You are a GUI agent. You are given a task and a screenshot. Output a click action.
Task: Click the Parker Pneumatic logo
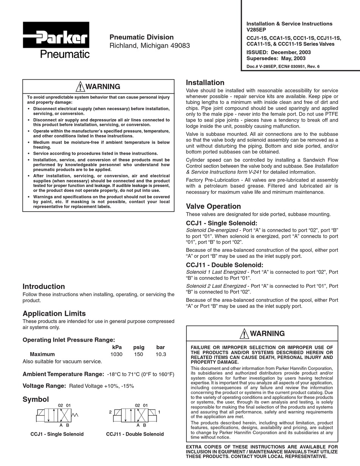point(56,40)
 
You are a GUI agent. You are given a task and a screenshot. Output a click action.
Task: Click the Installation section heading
point(205,83)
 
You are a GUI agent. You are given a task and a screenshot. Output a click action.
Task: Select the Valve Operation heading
point(213,206)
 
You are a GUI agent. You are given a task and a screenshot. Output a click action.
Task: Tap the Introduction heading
point(44,286)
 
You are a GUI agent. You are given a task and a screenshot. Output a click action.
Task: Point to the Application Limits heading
point(54,313)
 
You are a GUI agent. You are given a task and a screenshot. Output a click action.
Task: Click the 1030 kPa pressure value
point(116,355)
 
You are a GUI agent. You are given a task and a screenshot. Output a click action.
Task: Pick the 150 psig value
point(139,355)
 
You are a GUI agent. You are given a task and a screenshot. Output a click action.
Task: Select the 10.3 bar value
point(161,355)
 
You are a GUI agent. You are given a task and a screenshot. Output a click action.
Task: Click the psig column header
point(139,347)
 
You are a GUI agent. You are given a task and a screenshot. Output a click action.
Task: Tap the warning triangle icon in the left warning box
point(80,86)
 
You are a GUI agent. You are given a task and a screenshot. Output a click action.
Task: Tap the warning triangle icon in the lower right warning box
point(244,334)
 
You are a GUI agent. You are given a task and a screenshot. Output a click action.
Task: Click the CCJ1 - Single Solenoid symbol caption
point(57,434)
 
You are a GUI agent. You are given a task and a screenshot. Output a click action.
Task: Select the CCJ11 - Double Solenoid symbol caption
point(135,434)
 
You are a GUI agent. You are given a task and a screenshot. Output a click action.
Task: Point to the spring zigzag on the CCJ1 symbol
point(75,415)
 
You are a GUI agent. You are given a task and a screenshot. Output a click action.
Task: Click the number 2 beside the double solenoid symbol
point(110,412)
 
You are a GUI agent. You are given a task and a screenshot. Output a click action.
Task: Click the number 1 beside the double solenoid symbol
point(160,412)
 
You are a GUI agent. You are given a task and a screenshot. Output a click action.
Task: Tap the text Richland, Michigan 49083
point(150,46)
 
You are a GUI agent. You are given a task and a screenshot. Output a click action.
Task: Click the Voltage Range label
point(44,386)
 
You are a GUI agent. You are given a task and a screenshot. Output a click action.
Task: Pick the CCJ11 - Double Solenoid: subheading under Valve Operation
point(224,265)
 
